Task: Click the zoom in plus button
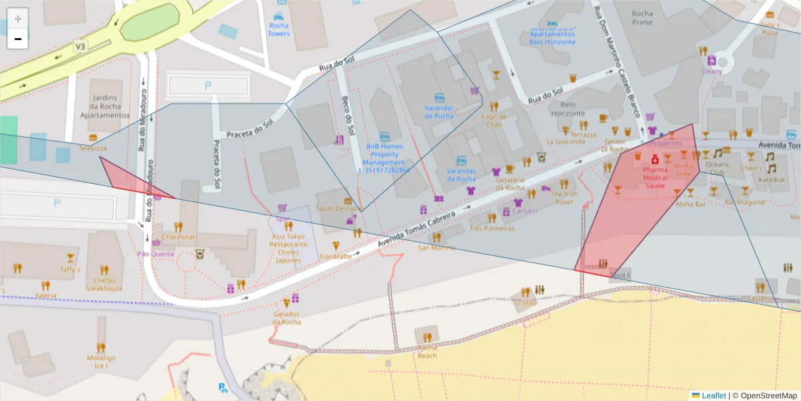click(18, 19)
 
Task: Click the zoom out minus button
click(18, 39)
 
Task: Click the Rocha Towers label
click(279, 29)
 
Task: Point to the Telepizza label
click(93, 148)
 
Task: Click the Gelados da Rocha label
click(286, 318)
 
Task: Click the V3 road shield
click(80, 47)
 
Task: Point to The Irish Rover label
click(564, 197)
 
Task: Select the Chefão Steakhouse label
click(104, 285)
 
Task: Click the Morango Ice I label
click(101, 362)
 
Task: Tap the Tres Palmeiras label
click(492, 228)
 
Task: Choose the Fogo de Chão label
click(493, 120)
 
